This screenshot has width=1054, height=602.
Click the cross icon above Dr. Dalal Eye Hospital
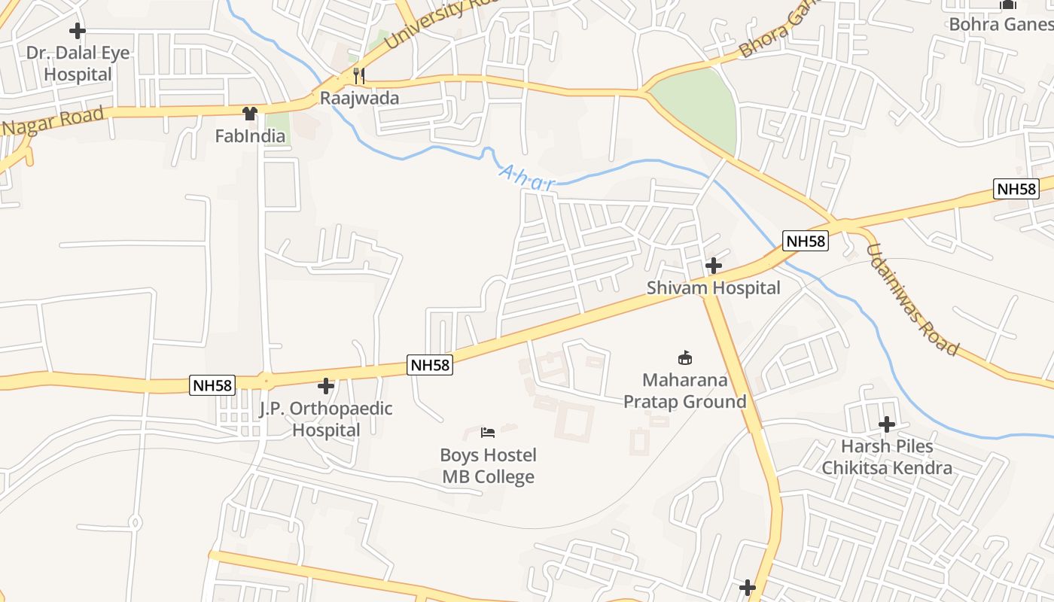[77, 31]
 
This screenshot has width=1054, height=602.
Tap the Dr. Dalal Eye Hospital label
[78, 64]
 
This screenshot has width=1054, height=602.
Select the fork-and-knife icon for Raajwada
[358, 75]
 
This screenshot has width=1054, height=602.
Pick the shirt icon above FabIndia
[249, 114]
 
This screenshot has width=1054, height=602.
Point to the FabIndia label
[250, 136]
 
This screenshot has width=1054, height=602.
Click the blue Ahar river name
[527, 178]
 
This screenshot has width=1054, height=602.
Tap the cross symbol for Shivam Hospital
[713, 266]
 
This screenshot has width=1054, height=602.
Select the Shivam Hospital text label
[713, 288]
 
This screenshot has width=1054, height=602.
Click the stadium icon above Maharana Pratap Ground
[684, 357]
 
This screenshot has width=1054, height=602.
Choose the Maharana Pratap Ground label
[684, 391]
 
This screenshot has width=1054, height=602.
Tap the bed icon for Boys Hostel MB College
[488, 433]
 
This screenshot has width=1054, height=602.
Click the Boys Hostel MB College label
[489, 466]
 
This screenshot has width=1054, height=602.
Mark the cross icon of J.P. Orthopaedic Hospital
[325, 386]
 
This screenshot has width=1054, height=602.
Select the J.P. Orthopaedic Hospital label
[326, 419]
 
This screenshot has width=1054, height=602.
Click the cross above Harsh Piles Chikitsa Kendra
[887, 424]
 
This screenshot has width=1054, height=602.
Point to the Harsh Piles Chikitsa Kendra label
[887, 457]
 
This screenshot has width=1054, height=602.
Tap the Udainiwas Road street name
[912, 299]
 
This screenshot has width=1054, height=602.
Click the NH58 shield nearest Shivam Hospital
[806, 241]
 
